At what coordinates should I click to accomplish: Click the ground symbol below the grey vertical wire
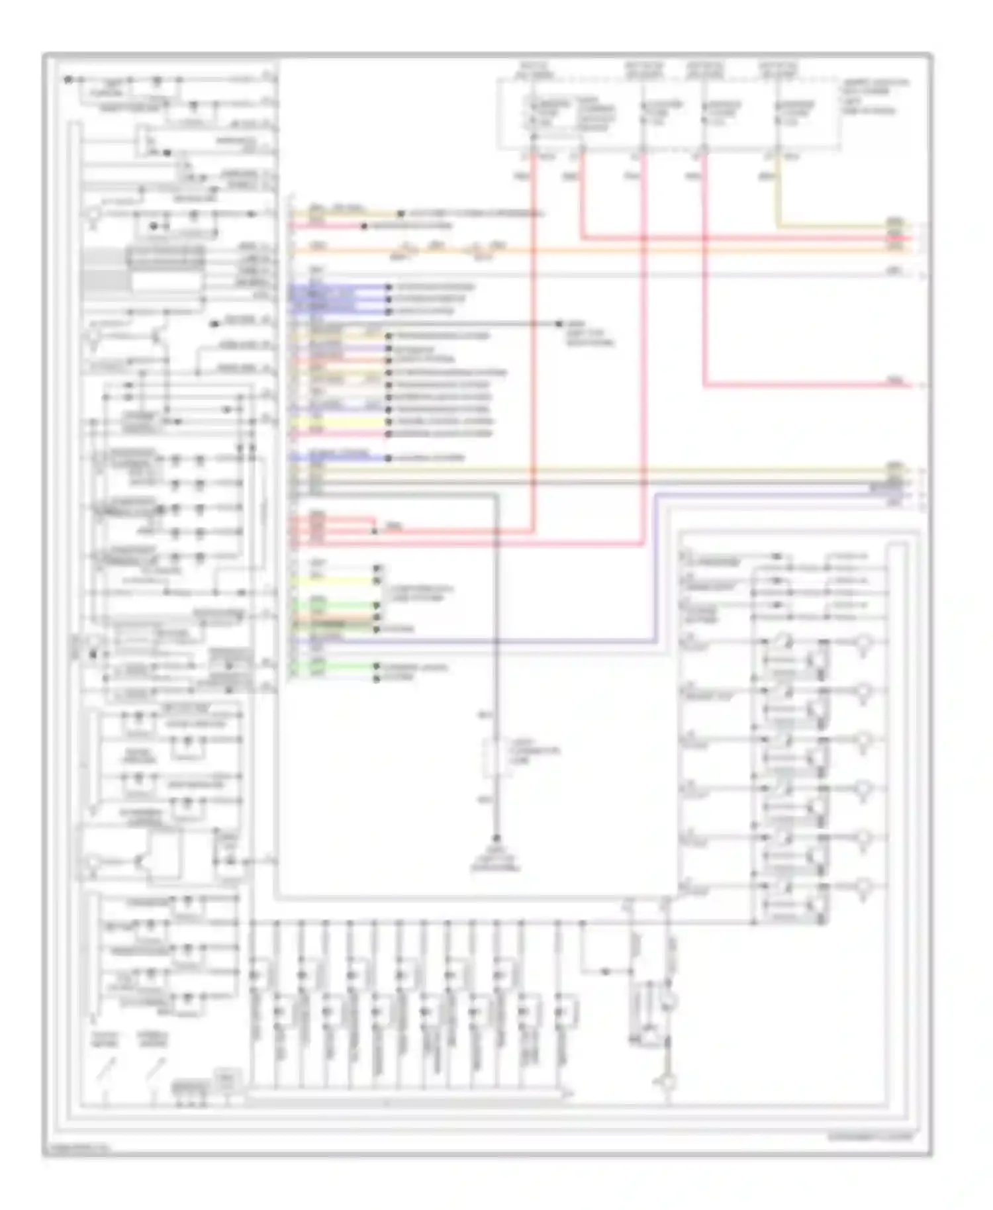[x=496, y=841]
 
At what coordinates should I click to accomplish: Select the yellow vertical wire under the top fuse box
[x=777, y=192]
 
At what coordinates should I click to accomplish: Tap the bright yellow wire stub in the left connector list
[x=338, y=422]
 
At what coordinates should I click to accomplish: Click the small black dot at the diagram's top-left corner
[x=68, y=79]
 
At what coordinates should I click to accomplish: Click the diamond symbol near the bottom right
[x=668, y=1083]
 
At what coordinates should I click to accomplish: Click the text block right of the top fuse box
[x=874, y=97]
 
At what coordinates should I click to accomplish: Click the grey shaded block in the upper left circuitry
[x=106, y=271]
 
